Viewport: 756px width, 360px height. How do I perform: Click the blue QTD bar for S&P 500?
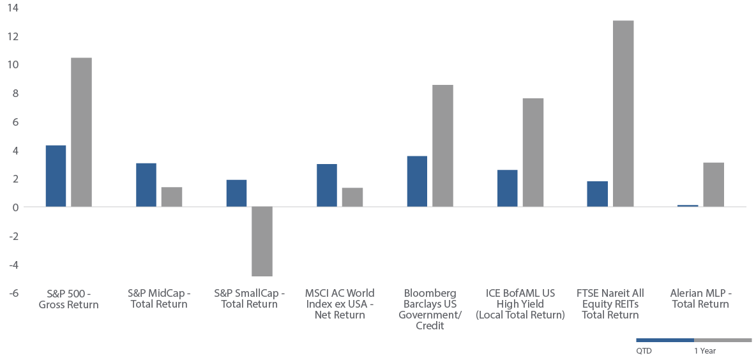tap(56, 176)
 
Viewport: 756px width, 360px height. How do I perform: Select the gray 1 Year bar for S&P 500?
tap(82, 133)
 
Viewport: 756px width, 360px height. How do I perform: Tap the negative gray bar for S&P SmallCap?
tap(262, 241)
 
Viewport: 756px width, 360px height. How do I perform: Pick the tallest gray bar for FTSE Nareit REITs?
tap(623, 114)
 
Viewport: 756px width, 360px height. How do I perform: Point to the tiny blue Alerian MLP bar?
tap(688, 206)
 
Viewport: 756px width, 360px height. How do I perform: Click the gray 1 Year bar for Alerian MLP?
tap(714, 185)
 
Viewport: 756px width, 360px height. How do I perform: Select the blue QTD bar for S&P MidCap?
tap(146, 186)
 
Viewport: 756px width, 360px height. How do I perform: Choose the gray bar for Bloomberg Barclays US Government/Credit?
tap(442, 146)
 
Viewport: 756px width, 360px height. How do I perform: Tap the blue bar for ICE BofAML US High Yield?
tap(507, 188)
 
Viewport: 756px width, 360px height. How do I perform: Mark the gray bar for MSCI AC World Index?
tap(352, 198)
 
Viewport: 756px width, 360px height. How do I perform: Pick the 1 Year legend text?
tap(705, 351)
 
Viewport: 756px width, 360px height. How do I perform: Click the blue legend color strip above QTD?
tap(665, 340)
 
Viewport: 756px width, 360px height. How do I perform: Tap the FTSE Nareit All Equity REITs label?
tap(610, 304)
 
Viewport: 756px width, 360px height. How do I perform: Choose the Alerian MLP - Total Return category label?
tap(700, 299)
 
